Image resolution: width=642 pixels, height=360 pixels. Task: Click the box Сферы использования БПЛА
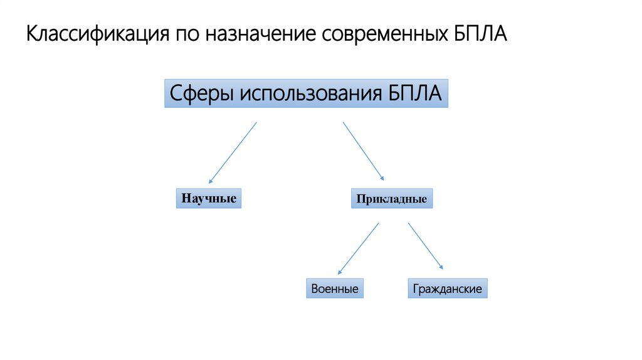click(306, 93)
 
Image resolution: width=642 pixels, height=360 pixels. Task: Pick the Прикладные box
click(392, 199)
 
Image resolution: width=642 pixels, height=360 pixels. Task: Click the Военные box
click(335, 289)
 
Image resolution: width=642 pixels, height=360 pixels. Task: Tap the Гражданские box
click(447, 289)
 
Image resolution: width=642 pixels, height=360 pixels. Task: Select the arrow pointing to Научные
click(233, 152)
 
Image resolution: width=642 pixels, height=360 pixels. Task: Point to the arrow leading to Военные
click(359, 248)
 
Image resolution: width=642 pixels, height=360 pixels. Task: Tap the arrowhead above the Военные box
click(340, 273)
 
